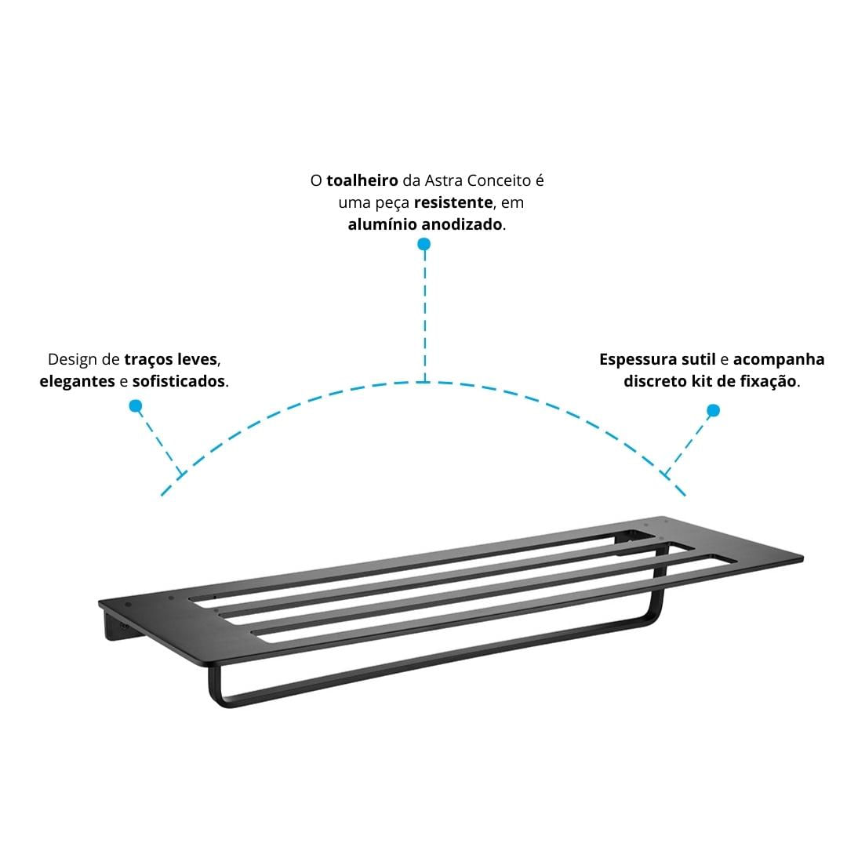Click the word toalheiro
(x=362, y=180)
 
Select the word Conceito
(x=500, y=180)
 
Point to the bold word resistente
(x=453, y=202)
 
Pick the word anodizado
(x=462, y=224)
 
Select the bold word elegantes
(x=77, y=381)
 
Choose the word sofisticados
(x=179, y=381)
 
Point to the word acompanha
(x=779, y=360)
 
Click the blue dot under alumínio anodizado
(x=424, y=244)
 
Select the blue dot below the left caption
(x=136, y=405)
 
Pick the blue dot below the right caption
(x=713, y=410)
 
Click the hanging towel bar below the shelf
(x=432, y=670)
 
